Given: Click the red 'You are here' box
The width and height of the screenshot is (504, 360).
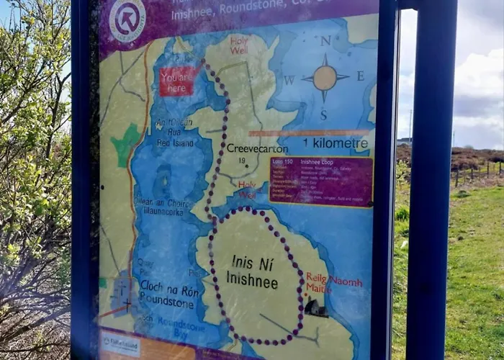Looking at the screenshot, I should coord(177,81).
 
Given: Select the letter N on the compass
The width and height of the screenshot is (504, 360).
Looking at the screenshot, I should coord(325,41).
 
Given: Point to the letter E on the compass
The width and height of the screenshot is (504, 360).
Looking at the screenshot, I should coord(360,76).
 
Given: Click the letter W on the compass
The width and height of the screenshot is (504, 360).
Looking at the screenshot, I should coord(289,80).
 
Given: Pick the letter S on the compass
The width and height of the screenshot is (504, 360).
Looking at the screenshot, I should coord(323,114).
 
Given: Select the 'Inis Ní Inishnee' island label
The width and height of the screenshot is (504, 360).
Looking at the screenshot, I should coord(252,271).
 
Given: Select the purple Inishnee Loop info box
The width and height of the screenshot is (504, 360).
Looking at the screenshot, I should coord(321,180).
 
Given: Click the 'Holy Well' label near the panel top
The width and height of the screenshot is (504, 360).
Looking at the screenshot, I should coord(238,45).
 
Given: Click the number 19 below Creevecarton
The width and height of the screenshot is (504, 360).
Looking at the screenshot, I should coord(242,160).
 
